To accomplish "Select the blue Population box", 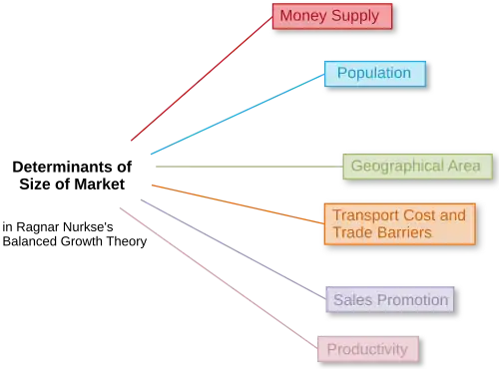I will tap(373, 73).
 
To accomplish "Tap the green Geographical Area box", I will tap(417, 166).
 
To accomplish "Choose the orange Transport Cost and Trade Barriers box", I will tap(398, 223).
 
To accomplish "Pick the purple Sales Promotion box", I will tap(390, 299).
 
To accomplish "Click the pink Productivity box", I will tap(367, 348).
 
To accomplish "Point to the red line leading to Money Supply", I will tap(200, 79).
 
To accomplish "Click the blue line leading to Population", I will tap(235, 114).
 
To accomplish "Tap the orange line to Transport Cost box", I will tap(235, 198).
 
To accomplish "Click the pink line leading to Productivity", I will tap(215, 275).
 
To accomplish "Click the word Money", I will tap(301, 16).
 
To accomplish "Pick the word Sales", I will tap(349, 299).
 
